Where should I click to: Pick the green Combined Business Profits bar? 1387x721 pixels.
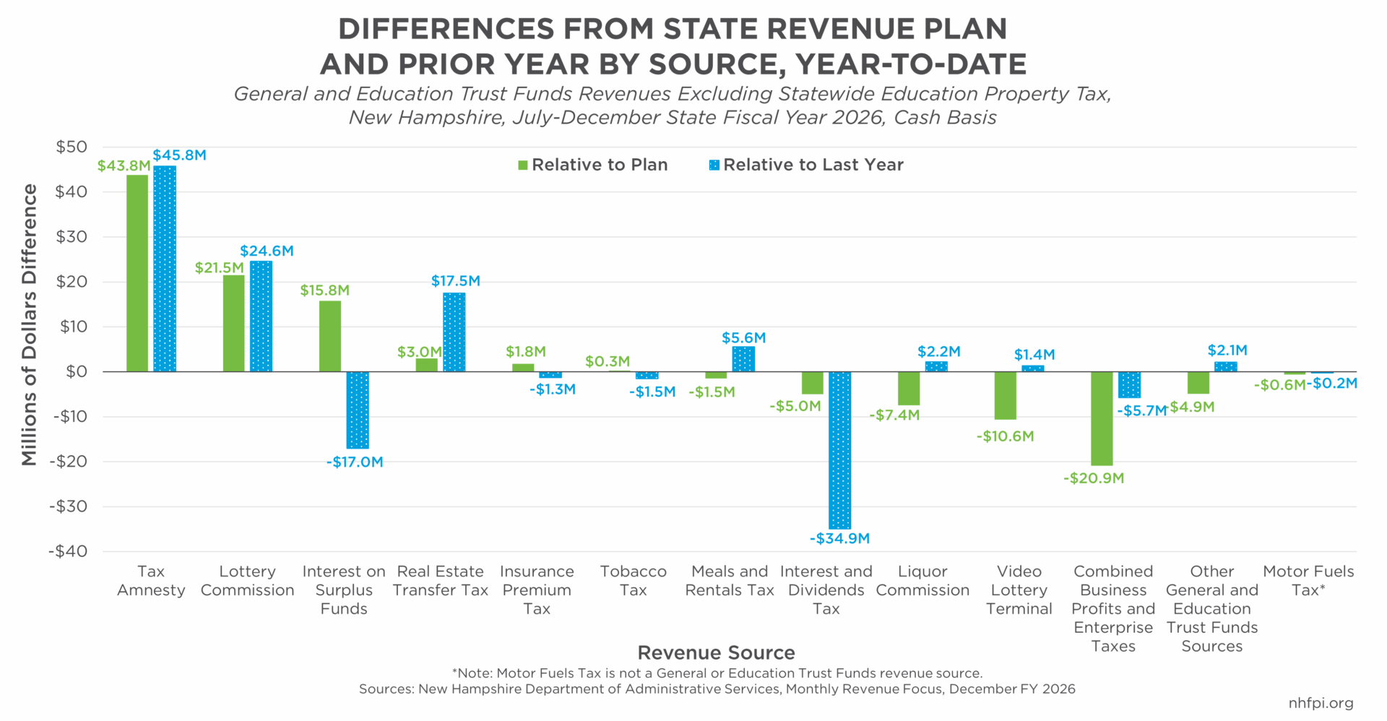[x=1102, y=418]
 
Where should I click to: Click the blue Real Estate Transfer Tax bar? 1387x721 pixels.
[x=454, y=332]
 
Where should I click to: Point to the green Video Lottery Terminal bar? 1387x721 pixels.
[x=1005, y=395]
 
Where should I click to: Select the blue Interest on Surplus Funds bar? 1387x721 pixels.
[x=358, y=410]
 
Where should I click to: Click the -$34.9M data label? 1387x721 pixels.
[x=839, y=538]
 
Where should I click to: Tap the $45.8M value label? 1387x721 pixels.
[x=179, y=155]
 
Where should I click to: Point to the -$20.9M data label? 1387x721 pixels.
[x=1093, y=478]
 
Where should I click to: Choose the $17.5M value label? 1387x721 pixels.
[x=455, y=281]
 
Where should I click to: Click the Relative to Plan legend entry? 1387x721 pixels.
[x=592, y=165]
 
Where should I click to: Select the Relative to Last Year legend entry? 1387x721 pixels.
[x=806, y=165]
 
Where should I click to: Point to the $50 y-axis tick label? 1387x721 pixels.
[x=72, y=147]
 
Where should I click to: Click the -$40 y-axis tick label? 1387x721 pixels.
[x=68, y=551]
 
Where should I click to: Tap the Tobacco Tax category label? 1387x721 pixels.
[x=633, y=581]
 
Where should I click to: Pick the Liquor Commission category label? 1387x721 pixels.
[x=922, y=581]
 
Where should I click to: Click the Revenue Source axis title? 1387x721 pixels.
[x=716, y=653]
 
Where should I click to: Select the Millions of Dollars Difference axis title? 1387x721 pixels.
[x=30, y=324]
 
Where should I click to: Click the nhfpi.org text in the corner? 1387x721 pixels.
[x=1321, y=703]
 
